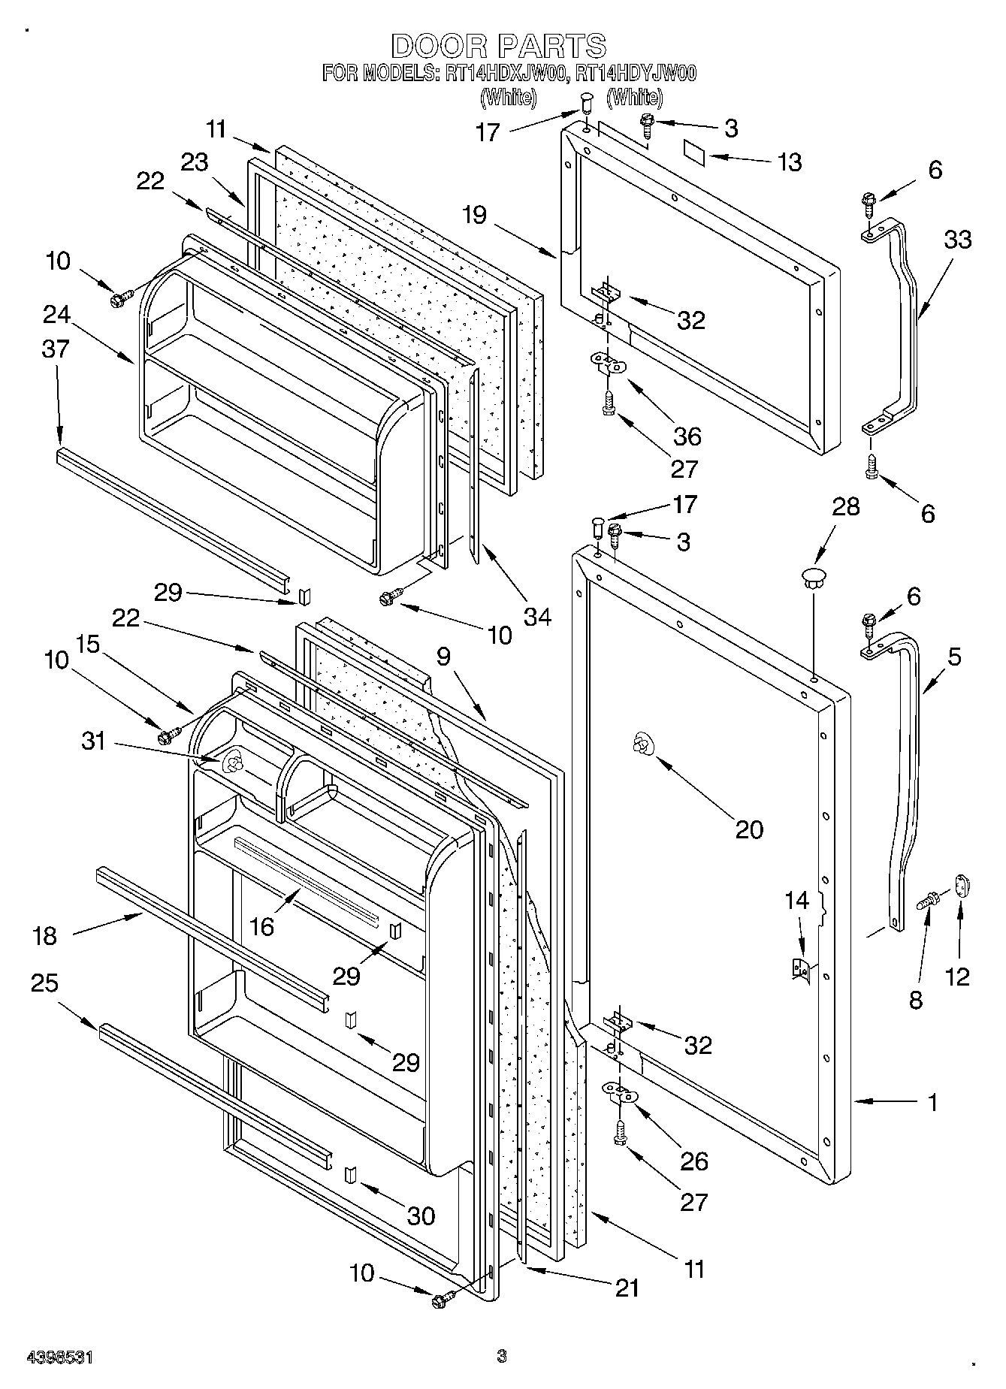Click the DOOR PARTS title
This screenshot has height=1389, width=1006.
[498, 46]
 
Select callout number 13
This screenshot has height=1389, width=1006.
[790, 162]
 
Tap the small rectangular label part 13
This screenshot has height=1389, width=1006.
[696, 152]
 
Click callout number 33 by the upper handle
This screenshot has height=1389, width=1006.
[957, 240]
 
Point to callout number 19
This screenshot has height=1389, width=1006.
[475, 215]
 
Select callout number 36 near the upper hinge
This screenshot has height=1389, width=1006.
[687, 436]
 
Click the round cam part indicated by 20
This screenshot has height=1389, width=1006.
[642, 743]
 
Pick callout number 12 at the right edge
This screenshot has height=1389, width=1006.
[958, 976]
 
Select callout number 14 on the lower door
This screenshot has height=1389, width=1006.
[797, 899]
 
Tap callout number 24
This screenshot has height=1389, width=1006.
[56, 314]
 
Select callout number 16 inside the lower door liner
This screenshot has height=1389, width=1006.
[261, 926]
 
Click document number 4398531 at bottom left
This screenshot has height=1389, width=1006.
[59, 1356]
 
